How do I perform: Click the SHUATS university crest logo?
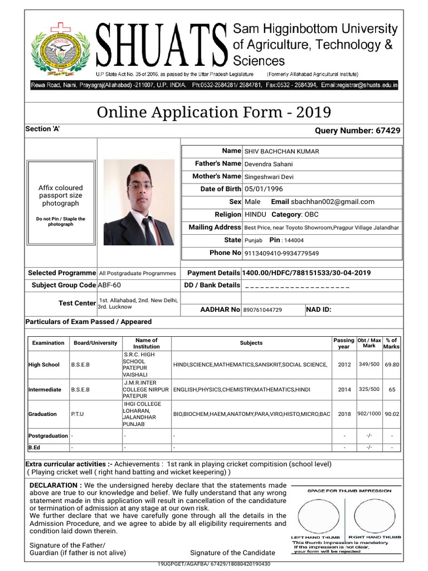(59, 47)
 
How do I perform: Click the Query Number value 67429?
(388, 130)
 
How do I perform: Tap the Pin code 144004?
(294, 240)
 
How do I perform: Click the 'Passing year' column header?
(344, 343)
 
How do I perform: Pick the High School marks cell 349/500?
(369, 364)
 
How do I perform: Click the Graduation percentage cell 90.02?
(392, 414)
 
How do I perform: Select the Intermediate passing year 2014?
(344, 389)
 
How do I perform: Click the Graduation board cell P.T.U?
(77, 414)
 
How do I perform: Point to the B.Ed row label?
(34, 447)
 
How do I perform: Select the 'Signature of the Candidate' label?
(232, 553)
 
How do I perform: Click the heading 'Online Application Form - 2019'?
(214, 113)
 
